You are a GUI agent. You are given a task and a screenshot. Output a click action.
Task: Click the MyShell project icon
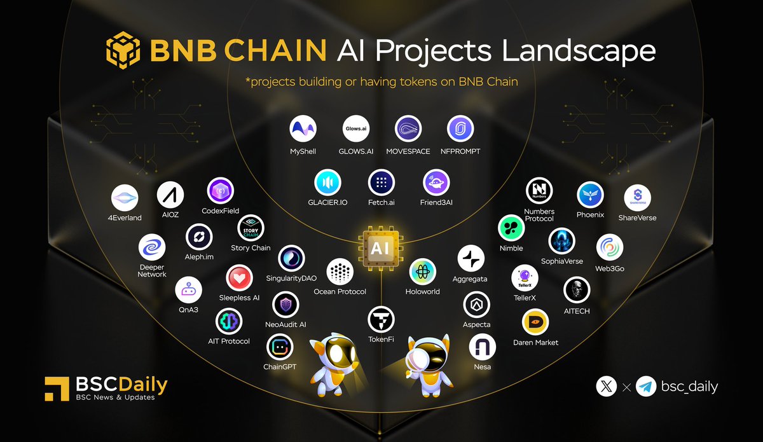coord(303,128)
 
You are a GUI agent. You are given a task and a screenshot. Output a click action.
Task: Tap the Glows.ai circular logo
coord(356,128)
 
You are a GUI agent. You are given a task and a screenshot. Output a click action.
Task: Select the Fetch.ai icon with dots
coord(381,183)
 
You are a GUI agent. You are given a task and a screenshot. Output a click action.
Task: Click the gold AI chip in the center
coord(380,248)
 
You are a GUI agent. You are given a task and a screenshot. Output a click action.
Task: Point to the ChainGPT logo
coord(280,347)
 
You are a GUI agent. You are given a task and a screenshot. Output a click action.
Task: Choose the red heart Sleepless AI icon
coord(239,278)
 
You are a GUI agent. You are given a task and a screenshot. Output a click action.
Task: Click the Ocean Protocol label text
coord(340,292)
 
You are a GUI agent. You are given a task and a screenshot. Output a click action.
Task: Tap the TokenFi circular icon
coord(381,320)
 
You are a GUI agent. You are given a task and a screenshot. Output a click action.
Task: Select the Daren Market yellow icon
coord(535,322)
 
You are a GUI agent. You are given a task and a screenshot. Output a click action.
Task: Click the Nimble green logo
coord(511,228)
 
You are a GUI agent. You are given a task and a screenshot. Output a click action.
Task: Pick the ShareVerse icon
coord(637,198)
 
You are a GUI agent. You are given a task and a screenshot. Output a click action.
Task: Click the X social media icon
coord(607,387)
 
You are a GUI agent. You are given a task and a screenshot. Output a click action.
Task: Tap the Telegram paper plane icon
coord(646,387)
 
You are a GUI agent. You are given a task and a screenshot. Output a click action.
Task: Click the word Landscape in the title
coord(579,51)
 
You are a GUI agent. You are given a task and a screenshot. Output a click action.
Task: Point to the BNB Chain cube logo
coord(123,50)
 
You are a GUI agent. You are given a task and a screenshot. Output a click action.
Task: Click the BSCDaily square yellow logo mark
coord(57,389)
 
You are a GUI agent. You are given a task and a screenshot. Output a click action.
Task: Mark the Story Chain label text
coord(251,248)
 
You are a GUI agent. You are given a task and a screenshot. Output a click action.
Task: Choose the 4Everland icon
coord(125,198)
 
